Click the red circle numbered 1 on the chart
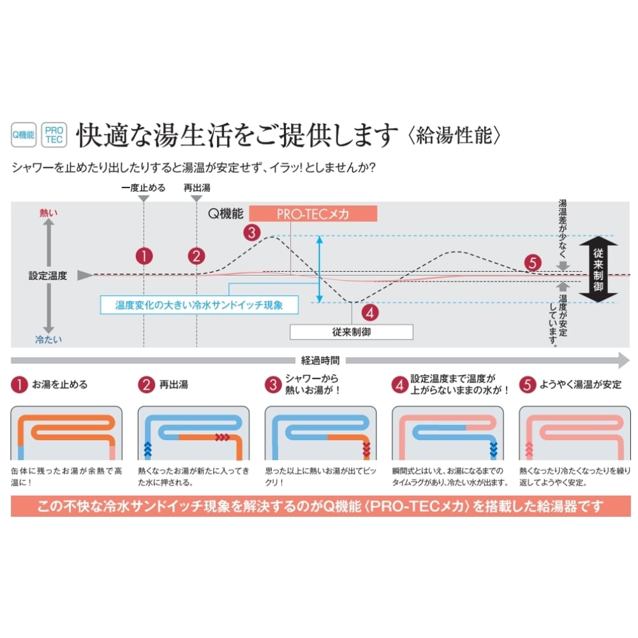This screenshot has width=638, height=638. [x=144, y=256]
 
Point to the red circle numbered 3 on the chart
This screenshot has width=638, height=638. [x=253, y=232]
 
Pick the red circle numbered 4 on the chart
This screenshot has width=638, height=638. [x=370, y=313]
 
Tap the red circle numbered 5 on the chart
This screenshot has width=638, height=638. [x=533, y=262]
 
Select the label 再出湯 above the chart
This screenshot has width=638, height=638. [x=197, y=188]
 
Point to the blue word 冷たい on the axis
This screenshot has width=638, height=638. [x=48, y=339]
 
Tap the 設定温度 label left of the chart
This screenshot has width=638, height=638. [x=47, y=276]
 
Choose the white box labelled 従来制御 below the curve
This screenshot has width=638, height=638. [x=351, y=332]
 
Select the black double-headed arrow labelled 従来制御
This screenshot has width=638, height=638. [x=599, y=269]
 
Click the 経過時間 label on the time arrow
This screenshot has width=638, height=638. [x=320, y=360]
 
